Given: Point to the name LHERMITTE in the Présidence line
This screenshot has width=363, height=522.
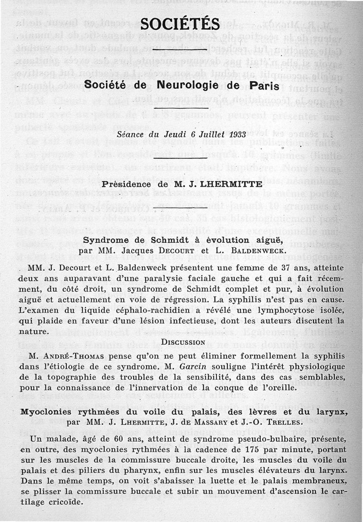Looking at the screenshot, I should [233, 184].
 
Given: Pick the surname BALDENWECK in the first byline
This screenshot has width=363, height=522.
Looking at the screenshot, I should [243, 250].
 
